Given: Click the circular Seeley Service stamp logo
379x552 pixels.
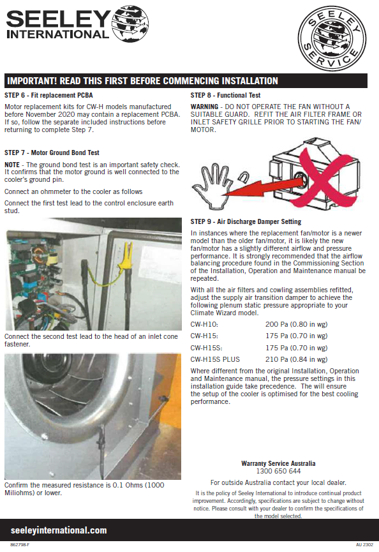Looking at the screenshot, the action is (332, 38).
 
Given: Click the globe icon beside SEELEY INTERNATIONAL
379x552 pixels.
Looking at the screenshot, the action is (130, 24).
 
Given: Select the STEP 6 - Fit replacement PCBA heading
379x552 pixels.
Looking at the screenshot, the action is (48, 95).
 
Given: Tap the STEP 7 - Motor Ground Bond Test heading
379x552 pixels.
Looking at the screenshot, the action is (52, 153).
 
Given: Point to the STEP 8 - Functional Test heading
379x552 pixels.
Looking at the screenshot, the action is (225, 95).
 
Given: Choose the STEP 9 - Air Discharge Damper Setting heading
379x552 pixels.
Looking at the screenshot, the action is (246, 221).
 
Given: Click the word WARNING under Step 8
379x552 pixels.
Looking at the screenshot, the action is (204, 107).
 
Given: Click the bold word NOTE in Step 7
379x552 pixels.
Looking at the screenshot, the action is (12, 165).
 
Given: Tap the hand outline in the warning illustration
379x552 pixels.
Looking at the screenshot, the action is (211, 186).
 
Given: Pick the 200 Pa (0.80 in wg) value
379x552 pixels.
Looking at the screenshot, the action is (296, 324).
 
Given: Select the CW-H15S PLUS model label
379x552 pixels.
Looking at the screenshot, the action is (215, 359).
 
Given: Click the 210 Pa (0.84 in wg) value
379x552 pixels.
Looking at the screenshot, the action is (296, 359).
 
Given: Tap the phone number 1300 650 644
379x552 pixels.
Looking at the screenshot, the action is (278, 471).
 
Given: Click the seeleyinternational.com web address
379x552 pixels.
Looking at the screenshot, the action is (59, 530).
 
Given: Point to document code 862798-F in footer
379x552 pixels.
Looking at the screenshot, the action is (20, 544).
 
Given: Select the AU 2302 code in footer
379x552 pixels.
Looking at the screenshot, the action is (364, 544).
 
